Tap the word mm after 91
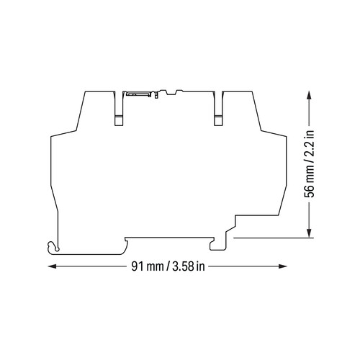(x=155, y=268)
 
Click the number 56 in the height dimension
(x=310, y=192)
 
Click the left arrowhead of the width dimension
(x=53, y=266)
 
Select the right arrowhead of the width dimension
(x=282, y=266)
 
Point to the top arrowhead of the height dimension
(x=310, y=95)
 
